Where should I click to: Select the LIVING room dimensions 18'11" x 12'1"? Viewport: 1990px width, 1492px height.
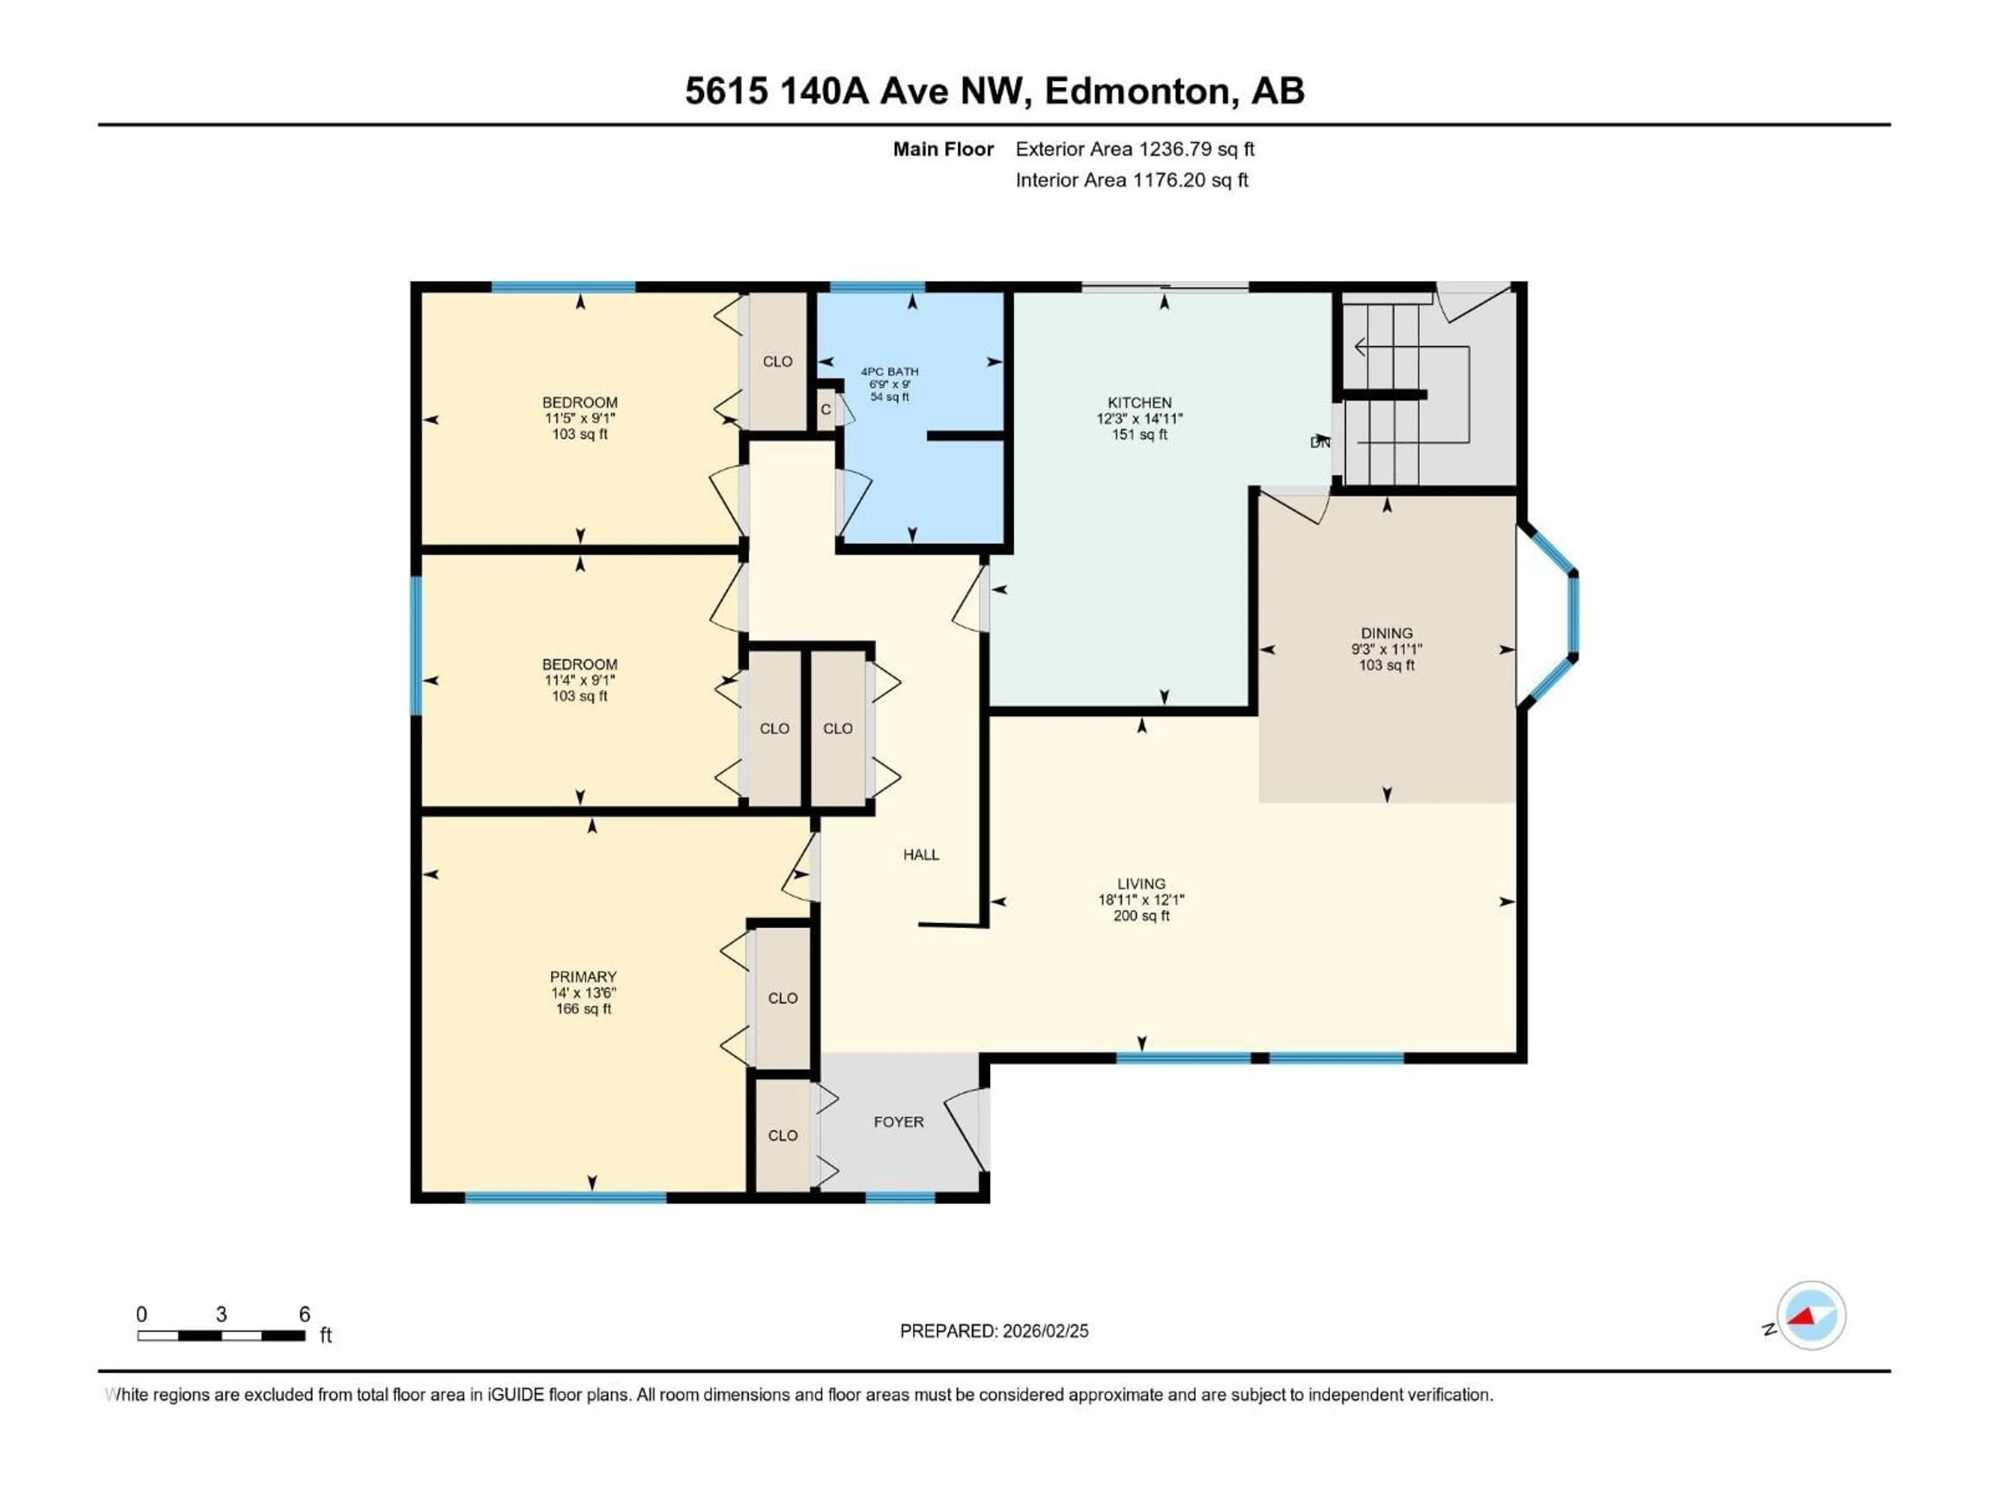click(x=1141, y=899)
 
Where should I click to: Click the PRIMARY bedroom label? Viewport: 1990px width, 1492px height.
click(x=583, y=977)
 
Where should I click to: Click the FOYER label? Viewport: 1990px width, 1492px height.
click(x=898, y=1122)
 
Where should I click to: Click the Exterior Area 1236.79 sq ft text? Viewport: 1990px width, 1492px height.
click(x=1134, y=149)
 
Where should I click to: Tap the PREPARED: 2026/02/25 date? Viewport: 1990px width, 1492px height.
click(x=993, y=1331)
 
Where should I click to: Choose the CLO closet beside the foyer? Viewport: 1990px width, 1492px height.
click(x=782, y=1135)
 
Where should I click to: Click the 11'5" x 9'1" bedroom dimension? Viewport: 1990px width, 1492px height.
click(x=579, y=418)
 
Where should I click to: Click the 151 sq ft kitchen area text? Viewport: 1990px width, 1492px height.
click(x=1139, y=434)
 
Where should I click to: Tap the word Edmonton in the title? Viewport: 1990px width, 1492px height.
click(x=1137, y=91)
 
